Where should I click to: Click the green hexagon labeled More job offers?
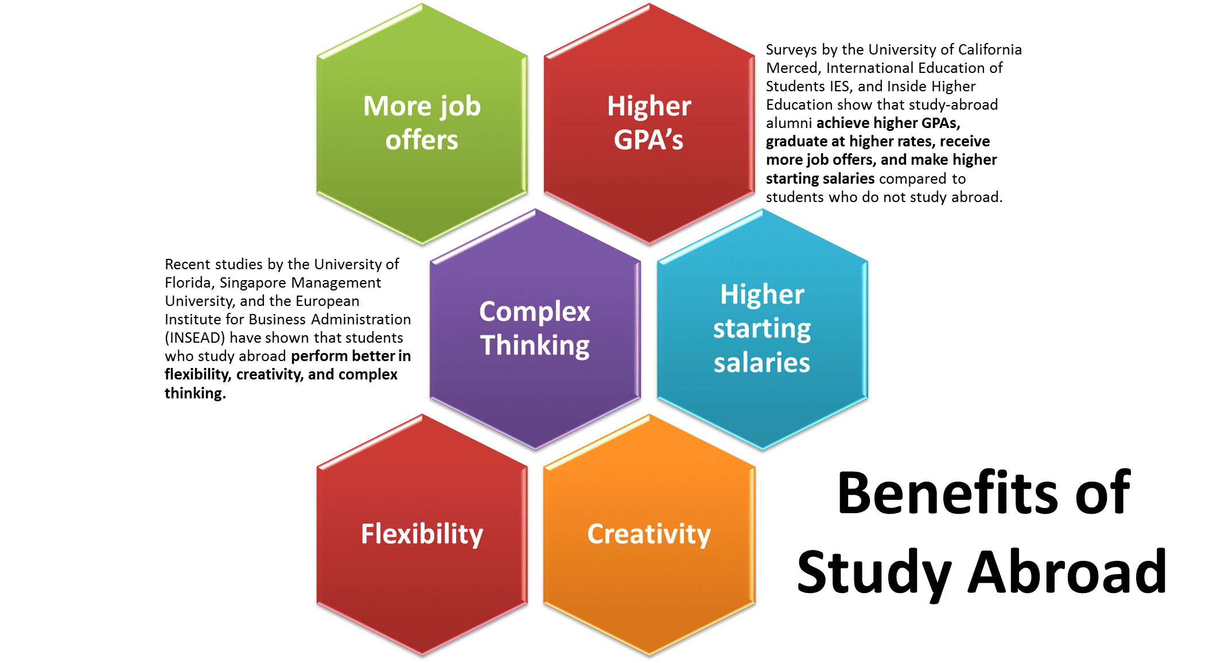(x=422, y=124)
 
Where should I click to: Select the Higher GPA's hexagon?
(x=649, y=124)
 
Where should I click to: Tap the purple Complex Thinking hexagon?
(x=535, y=329)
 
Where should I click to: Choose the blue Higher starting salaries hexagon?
(x=763, y=329)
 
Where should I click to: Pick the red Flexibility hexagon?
(x=422, y=534)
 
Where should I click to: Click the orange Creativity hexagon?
(x=649, y=534)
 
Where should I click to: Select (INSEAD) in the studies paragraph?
(x=195, y=338)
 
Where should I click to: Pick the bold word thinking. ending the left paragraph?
(x=195, y=393)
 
